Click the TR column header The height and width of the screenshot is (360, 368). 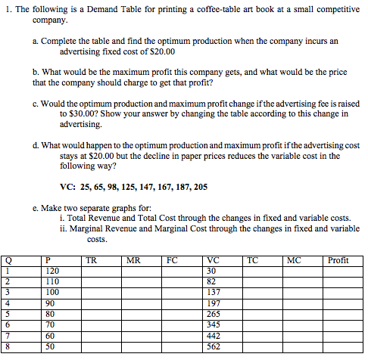tap(91, 261)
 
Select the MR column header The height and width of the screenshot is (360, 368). tap(133, 261)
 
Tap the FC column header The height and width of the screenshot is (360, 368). tap(172, 261)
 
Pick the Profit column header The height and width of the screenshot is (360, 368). tap(338, 261)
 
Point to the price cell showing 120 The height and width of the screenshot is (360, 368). tap(52, 271)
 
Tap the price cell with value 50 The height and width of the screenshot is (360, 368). tap(50, 347)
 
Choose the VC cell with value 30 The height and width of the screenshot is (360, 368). tap(211, 271)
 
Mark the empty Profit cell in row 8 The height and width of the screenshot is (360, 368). tap(341, 347)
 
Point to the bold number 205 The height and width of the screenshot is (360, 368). tap(200, 186)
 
